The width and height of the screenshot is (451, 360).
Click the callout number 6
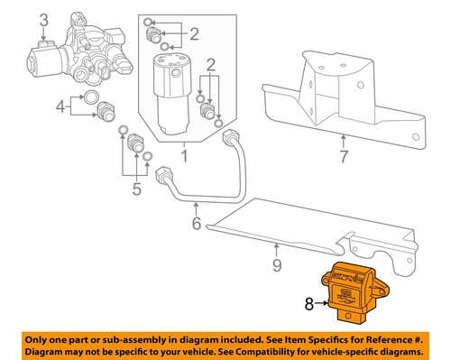tap(195, 223)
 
